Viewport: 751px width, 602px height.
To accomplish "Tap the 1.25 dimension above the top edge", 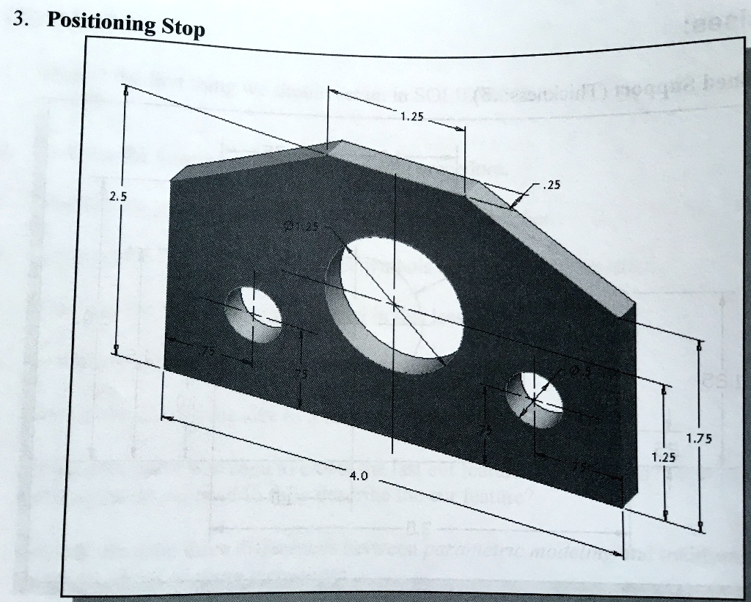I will [412, 116].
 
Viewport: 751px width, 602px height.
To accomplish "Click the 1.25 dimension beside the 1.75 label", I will [663, 456].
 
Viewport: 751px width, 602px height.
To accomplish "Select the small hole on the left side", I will [252, 316].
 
